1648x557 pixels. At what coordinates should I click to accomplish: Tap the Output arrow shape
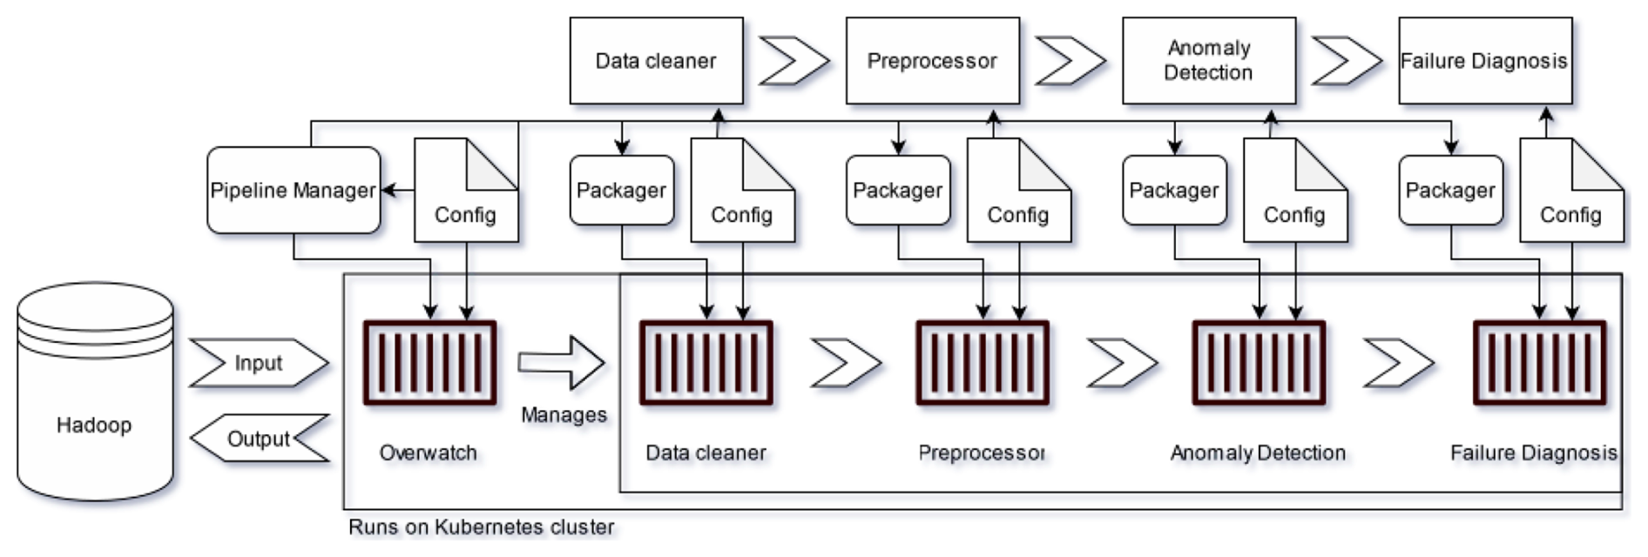(260, 439)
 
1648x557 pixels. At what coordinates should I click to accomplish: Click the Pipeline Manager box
(294, 191)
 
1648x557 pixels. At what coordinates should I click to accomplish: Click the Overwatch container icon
(429, 363)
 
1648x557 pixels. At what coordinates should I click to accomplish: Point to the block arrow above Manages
(562, 362)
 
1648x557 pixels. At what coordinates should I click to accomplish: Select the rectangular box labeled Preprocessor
(932, 61)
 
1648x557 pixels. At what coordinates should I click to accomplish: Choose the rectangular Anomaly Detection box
(1208, 61)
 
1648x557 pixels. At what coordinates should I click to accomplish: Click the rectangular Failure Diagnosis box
(1484, 61)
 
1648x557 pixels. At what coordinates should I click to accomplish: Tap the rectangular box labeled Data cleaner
(656, 61)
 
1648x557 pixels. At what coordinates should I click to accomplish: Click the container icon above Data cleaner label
(706, 363)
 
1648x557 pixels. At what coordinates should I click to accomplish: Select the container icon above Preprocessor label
(982, 363)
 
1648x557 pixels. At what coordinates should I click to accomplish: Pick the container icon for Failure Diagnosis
(1539, 363)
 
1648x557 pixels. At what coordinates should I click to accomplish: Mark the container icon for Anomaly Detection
(1259, 363)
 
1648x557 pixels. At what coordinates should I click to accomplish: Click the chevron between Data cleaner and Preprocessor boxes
(794, 61)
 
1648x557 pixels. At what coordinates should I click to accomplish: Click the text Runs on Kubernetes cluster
(481, 527)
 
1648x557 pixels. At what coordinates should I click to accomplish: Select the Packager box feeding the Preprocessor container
(897, 191)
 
